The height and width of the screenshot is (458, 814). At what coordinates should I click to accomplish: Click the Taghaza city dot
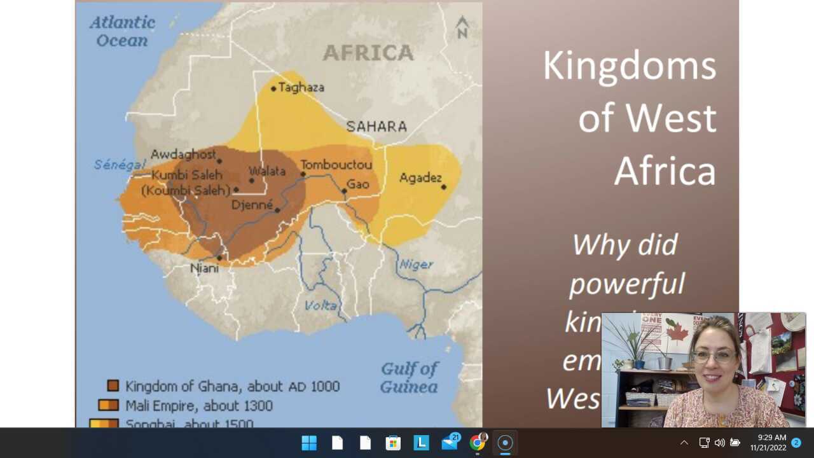[273, 88]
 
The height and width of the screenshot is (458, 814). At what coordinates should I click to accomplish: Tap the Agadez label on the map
[420, 178]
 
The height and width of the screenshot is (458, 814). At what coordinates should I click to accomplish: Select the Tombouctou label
[336, 165]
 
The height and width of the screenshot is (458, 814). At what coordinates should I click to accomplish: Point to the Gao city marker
[344, 191]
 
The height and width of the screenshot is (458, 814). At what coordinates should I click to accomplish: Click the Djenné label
[252, 205]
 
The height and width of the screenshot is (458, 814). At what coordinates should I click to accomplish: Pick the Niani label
[205, 268]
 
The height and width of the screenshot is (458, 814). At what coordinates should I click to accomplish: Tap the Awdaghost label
[183, 155]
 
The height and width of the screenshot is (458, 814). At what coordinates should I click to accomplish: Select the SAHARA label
[376, 127]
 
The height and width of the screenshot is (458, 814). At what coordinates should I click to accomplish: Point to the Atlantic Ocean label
[122, 32]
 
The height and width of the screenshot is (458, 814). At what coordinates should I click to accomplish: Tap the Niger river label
[417, 265]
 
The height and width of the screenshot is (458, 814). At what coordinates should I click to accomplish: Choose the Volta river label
[321, 306]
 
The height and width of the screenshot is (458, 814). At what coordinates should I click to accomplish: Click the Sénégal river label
[120, 165]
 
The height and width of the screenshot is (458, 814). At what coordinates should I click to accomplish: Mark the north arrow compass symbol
[462, 27]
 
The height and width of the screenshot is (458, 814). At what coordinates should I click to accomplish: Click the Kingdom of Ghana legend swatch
[113, 385]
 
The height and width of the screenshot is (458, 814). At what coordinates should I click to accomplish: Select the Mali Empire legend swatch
[108, 405]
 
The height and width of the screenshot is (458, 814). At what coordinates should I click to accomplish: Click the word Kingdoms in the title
[629, 66]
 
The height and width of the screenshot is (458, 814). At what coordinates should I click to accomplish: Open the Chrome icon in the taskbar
[477, 443]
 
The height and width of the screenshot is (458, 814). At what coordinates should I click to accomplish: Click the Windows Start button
[309, 443]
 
